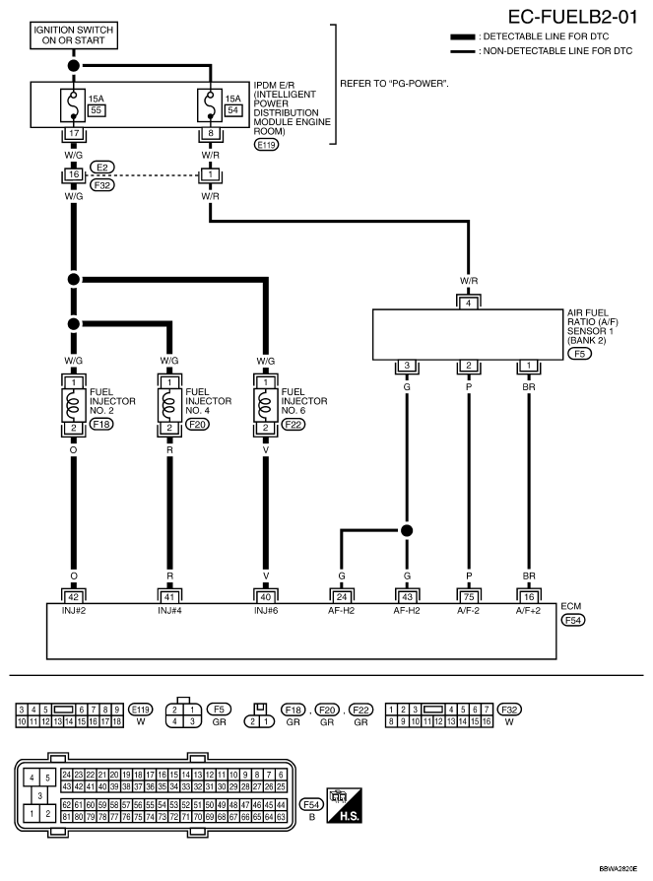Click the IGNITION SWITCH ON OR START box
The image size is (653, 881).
(x=74, y=34)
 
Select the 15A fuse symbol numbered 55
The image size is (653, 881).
(x=73, y=105)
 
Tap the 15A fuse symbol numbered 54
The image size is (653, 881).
(x=210, y=105)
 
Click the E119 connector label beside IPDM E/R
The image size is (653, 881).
(x=266, y=145)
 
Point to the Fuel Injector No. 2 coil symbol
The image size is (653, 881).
(x=74, y=405)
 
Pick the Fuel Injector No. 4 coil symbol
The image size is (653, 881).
(x=169, y=405)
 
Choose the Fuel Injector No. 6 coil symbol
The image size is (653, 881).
(x=266, y=405)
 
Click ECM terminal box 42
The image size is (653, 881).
(x=74, y=597)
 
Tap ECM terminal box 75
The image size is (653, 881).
(x=469, y=597)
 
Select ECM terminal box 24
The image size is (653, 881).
(x=342, y=597)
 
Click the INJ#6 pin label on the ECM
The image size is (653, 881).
(x=266, y=611)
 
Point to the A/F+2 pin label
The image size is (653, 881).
(x=528, y=611)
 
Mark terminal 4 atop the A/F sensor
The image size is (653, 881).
(x=469, y=304)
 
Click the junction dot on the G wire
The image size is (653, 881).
(x=407, y=530)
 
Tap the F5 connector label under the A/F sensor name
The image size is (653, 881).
(x=579, y=354)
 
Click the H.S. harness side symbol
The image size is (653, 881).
(x=344, y=805)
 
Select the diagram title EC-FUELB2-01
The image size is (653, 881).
(x=572, y=17)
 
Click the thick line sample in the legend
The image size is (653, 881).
(x=463, y=37)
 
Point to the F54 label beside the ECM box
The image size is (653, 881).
(x=572, y=620)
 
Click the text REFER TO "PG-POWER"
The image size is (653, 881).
(x=394, y=84)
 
